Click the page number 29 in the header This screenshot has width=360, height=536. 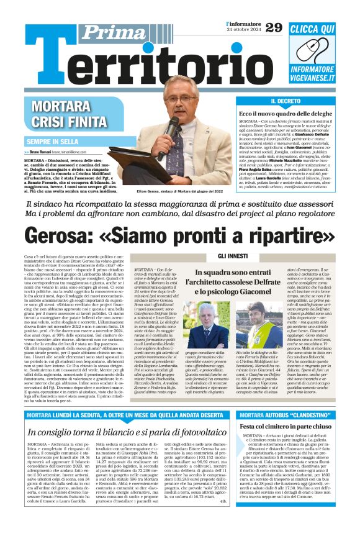pyautogui.click(x=273, y=27)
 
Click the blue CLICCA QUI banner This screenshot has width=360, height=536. pyautogui.click(x=312, y=29)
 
